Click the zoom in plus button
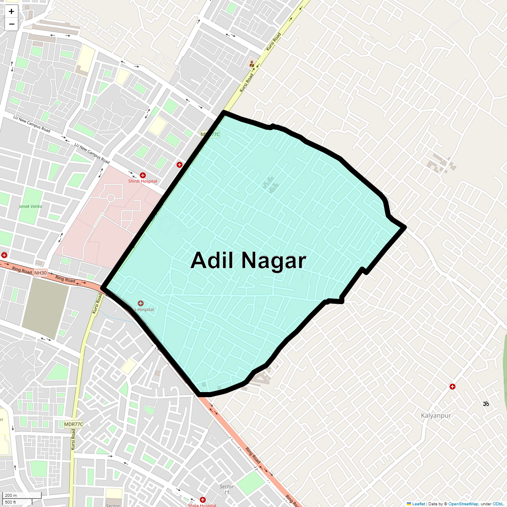11,11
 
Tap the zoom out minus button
11,24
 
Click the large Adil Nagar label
248,260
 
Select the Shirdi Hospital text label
143,181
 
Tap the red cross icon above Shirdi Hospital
143,175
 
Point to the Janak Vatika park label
30,207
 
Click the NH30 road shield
41,273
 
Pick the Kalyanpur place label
436,416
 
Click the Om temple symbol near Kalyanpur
486,404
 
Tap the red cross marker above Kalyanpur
452,387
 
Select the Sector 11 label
226,489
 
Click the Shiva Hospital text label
202,505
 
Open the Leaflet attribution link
418,504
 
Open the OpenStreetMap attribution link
463,504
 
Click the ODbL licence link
498,504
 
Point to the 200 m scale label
11,496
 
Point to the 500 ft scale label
11,502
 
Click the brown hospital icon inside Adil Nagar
141,303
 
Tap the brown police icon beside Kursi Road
252,64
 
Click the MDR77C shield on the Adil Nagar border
210,135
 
